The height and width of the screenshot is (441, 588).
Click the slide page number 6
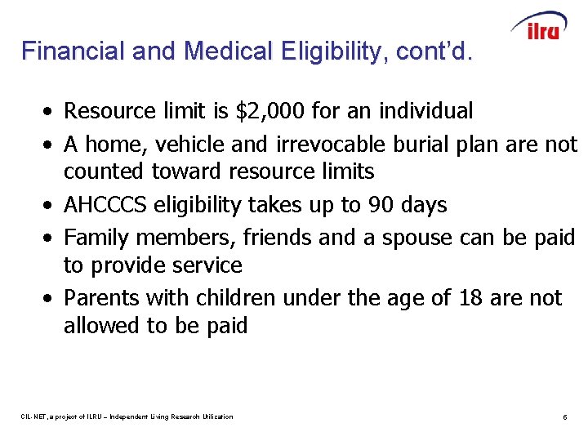point(564,417)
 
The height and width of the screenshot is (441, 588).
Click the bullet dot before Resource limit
point(51,111)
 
